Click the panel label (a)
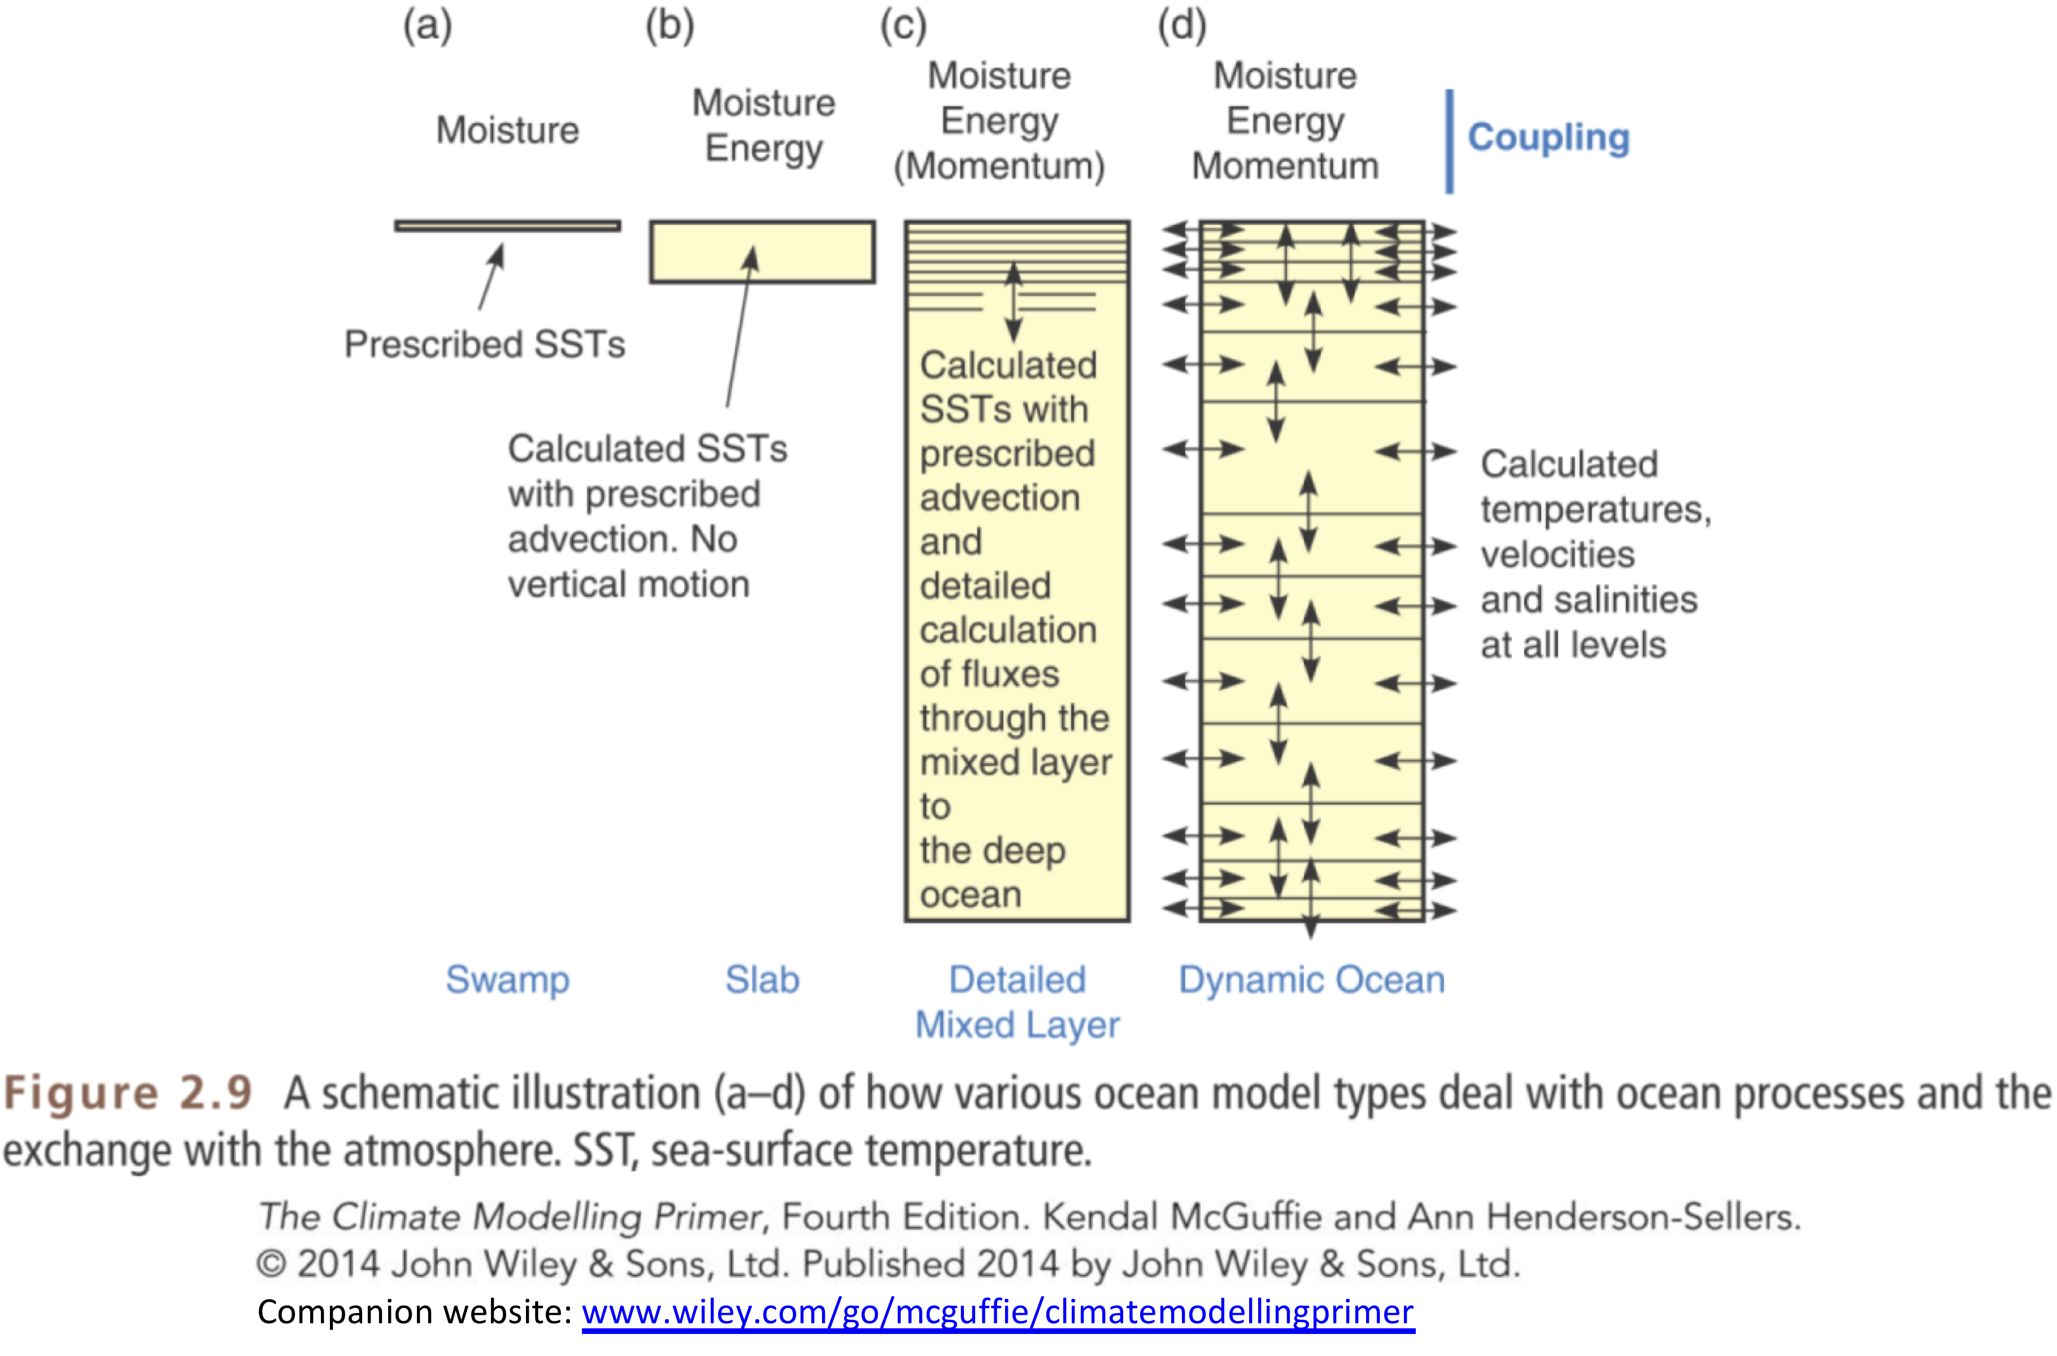tap(427, 26)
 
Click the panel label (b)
tap(669, 26)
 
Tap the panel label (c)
tap(903, 26)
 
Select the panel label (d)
tap(1181, 26)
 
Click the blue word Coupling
tap(1548, 137)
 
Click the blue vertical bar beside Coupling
tap(1449, 141)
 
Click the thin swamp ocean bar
tap(507, 225)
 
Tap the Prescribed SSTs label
tap(484, 344)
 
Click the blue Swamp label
tap(507, 980)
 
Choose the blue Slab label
tap(762, 980)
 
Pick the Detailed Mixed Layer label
tap(1017, 1002)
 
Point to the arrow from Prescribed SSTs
tap(491, 277)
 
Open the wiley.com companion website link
tap(997, 1312)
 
